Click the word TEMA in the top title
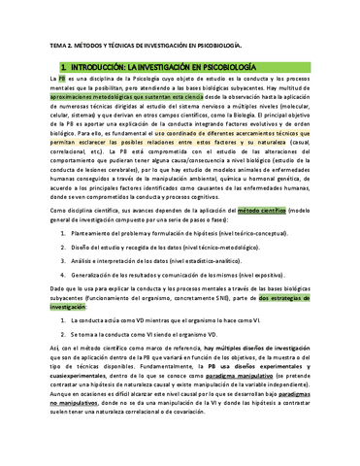pos(57,46)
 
